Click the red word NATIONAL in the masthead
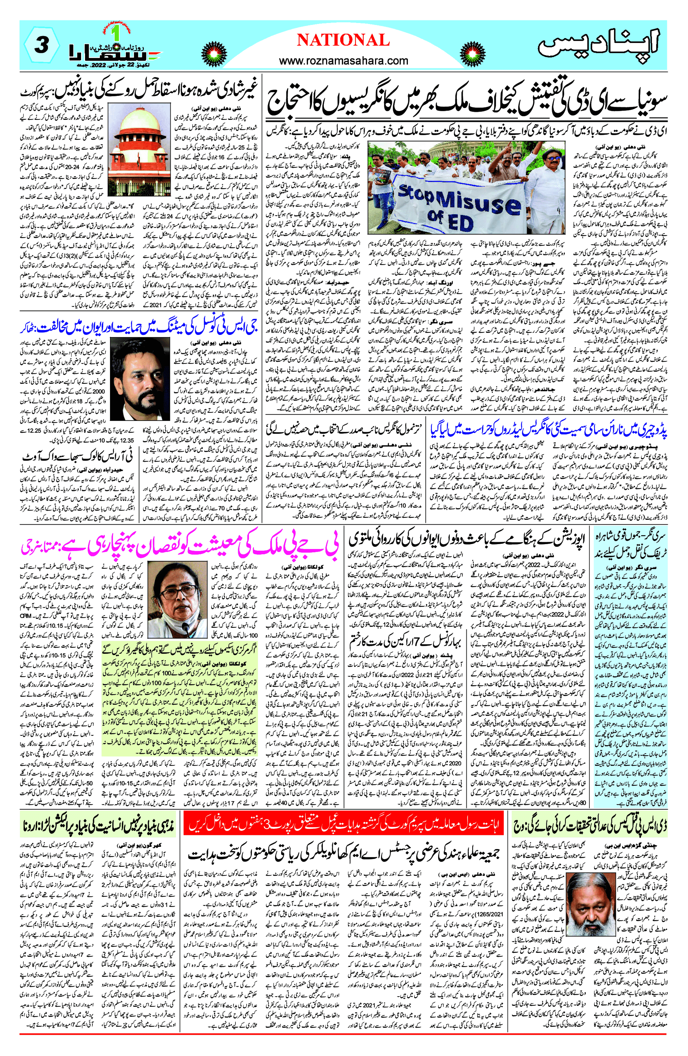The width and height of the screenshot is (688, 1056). coord(343,40)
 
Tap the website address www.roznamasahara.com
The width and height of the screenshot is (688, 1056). coord(343,60)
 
